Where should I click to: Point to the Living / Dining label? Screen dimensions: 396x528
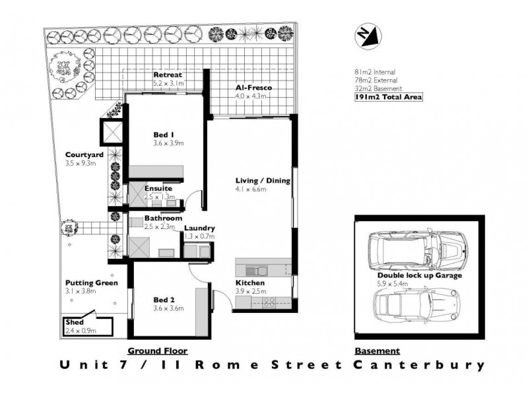tap(263, 180)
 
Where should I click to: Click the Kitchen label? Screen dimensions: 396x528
tap(249, 283)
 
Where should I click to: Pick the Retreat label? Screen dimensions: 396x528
tap(168, 75)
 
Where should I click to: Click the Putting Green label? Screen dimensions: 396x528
tap(91, 283)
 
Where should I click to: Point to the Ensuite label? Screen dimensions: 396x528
tap(158, 189)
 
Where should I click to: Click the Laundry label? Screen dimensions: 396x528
tap(200, 228)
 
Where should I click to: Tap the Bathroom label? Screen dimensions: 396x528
tap(164, 218)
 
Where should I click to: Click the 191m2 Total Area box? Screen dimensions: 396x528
tap(388, 97)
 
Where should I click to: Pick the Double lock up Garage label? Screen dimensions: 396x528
tap(419, 275)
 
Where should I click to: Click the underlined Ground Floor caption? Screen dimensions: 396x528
tap(157, 350)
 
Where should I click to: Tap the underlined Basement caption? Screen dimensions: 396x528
tap(377, 350)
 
